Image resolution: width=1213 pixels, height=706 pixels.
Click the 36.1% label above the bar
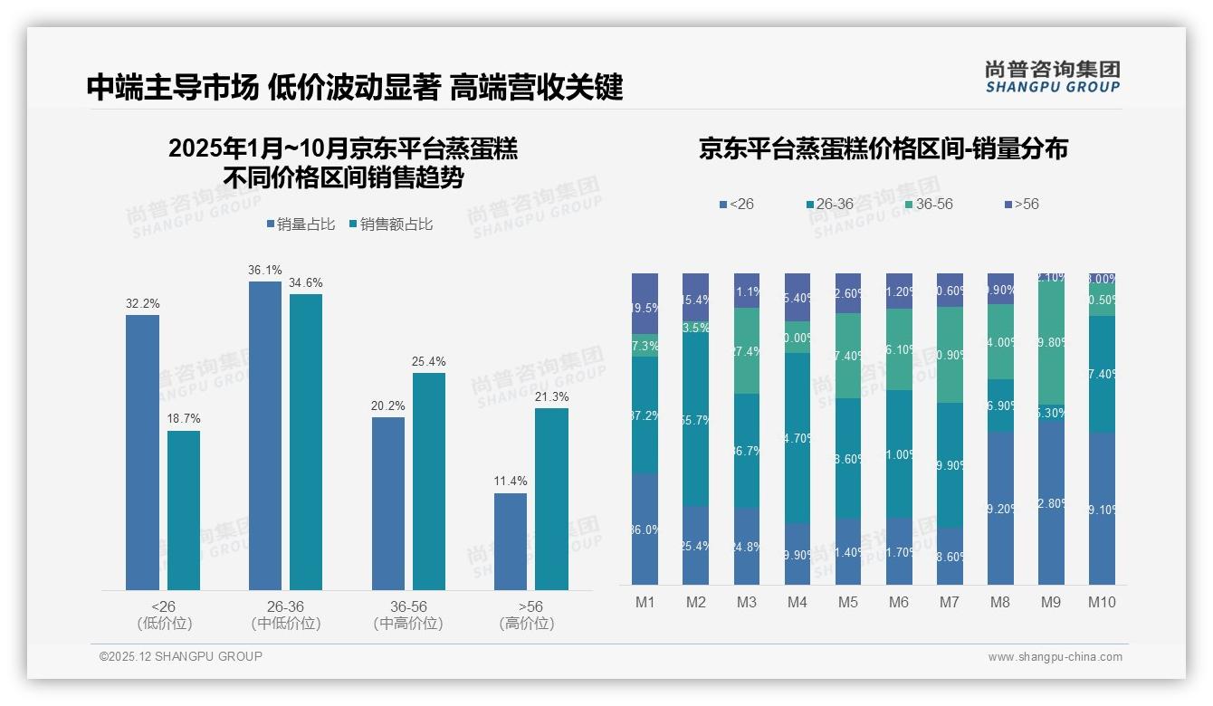point(264,270)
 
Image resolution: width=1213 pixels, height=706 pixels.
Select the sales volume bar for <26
point(142,453)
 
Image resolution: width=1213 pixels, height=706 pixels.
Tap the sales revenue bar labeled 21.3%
point(551,499)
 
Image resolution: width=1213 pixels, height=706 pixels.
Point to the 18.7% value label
point(184,419)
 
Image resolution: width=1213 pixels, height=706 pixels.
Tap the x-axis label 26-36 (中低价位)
point(285,615)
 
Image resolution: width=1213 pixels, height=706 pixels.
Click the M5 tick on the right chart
point(847,602)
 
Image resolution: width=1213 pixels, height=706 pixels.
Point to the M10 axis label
point(1101,602)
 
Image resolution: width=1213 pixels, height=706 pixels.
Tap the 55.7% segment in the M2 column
point(695,420)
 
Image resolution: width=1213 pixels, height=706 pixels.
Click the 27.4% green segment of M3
point(746,351)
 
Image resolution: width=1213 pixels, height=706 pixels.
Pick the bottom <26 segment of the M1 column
point(645,529)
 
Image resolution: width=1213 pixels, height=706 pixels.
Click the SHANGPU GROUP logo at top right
point(1052,77)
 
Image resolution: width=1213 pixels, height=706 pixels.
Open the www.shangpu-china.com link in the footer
point(1055,657)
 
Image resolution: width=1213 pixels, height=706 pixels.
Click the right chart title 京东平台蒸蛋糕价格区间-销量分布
point(883,148)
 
